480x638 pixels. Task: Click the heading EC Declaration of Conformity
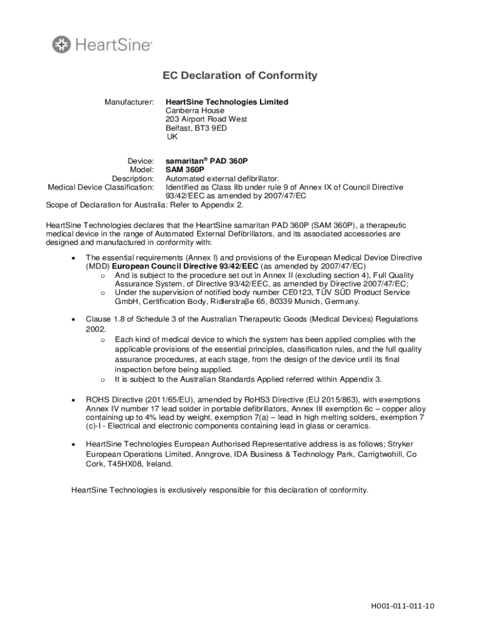pyautogui.click(x=240, y=76)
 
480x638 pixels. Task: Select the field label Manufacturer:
pyautogui.click(x=129, y=102)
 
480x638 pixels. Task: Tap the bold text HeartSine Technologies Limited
pyautogui.click(x=227, y=102)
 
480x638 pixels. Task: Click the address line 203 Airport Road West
pyautogui.click(x=206, y=119)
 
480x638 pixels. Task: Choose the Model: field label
pyautogui.click(x=142, y=169)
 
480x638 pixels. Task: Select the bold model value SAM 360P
pyautogui.click(x=185, y=169)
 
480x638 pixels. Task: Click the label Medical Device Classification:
pyautogui.click(x=101, y=187)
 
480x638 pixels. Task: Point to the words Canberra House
pyautogui.click(x=194, y=110)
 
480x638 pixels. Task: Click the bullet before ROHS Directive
pyautogui.click(x=74, y=399)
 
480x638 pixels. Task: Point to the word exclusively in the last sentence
pyautogui.click(x=190, y=490)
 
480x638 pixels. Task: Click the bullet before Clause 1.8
pyautogui.click(x=74, y=319)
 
